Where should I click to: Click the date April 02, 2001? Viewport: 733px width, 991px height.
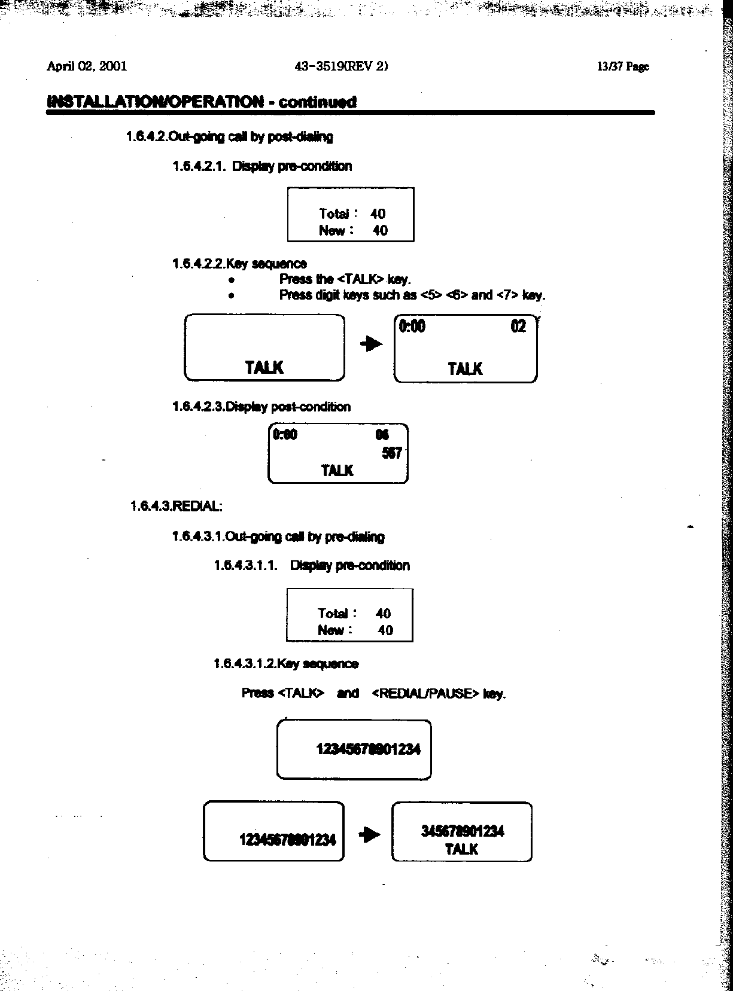tap(87, 66)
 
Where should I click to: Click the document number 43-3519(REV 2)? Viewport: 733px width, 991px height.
tap(341, 66)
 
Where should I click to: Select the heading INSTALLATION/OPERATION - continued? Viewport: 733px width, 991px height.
tap(201, 101)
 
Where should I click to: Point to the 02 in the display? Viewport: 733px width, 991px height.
tap(518, 327)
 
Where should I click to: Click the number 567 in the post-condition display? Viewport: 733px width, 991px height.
tap(391, 453)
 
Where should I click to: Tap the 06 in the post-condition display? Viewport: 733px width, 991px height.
tap(382, 435)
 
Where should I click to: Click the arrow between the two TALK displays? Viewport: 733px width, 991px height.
tap(371, 344)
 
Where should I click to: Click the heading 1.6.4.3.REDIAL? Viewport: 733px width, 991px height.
tap(176, 506)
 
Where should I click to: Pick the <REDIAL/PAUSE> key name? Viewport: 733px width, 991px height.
tap(425, 693)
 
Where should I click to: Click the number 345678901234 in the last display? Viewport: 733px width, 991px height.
tap(462, 831)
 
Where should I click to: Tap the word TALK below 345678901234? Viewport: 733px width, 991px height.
tap(461, 849)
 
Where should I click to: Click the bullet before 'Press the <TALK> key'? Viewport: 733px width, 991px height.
tap(231, 280)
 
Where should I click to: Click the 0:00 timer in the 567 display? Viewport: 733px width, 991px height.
tap(285, 434)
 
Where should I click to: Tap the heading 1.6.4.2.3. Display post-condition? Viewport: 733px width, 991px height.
tap(261, 407)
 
